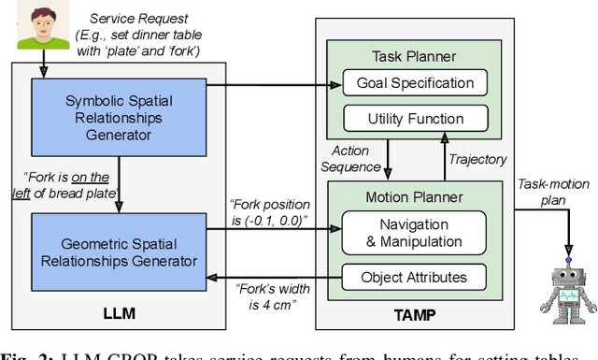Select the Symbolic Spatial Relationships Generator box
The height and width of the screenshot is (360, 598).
coord(118,111)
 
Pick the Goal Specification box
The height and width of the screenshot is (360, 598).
coord(415,83)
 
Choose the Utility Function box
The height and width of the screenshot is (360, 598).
coord(415,119)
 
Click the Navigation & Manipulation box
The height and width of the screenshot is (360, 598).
coord(415,232)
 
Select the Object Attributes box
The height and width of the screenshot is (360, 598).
coord(415,277)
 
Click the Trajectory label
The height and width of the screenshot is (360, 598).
coord(477,159)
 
